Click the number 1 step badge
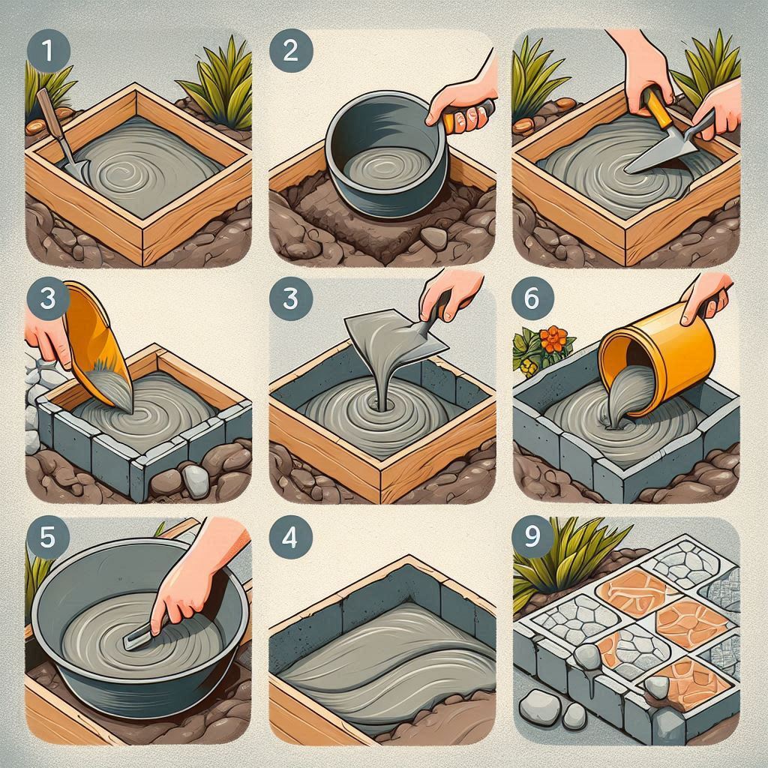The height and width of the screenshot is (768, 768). tap(49, 50)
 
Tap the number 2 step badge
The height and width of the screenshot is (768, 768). tap(291, 50)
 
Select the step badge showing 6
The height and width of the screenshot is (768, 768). tap(532, 298)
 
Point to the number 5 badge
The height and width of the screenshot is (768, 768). tap(48, 538)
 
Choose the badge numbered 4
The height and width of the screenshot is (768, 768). tap(291, 538)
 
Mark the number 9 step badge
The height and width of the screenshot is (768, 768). tap(532, 536)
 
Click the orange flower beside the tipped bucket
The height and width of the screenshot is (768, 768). tap(554, 339)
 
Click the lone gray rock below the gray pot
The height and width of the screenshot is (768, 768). tap(433, 238)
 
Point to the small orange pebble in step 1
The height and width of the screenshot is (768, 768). tap(35, 128)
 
